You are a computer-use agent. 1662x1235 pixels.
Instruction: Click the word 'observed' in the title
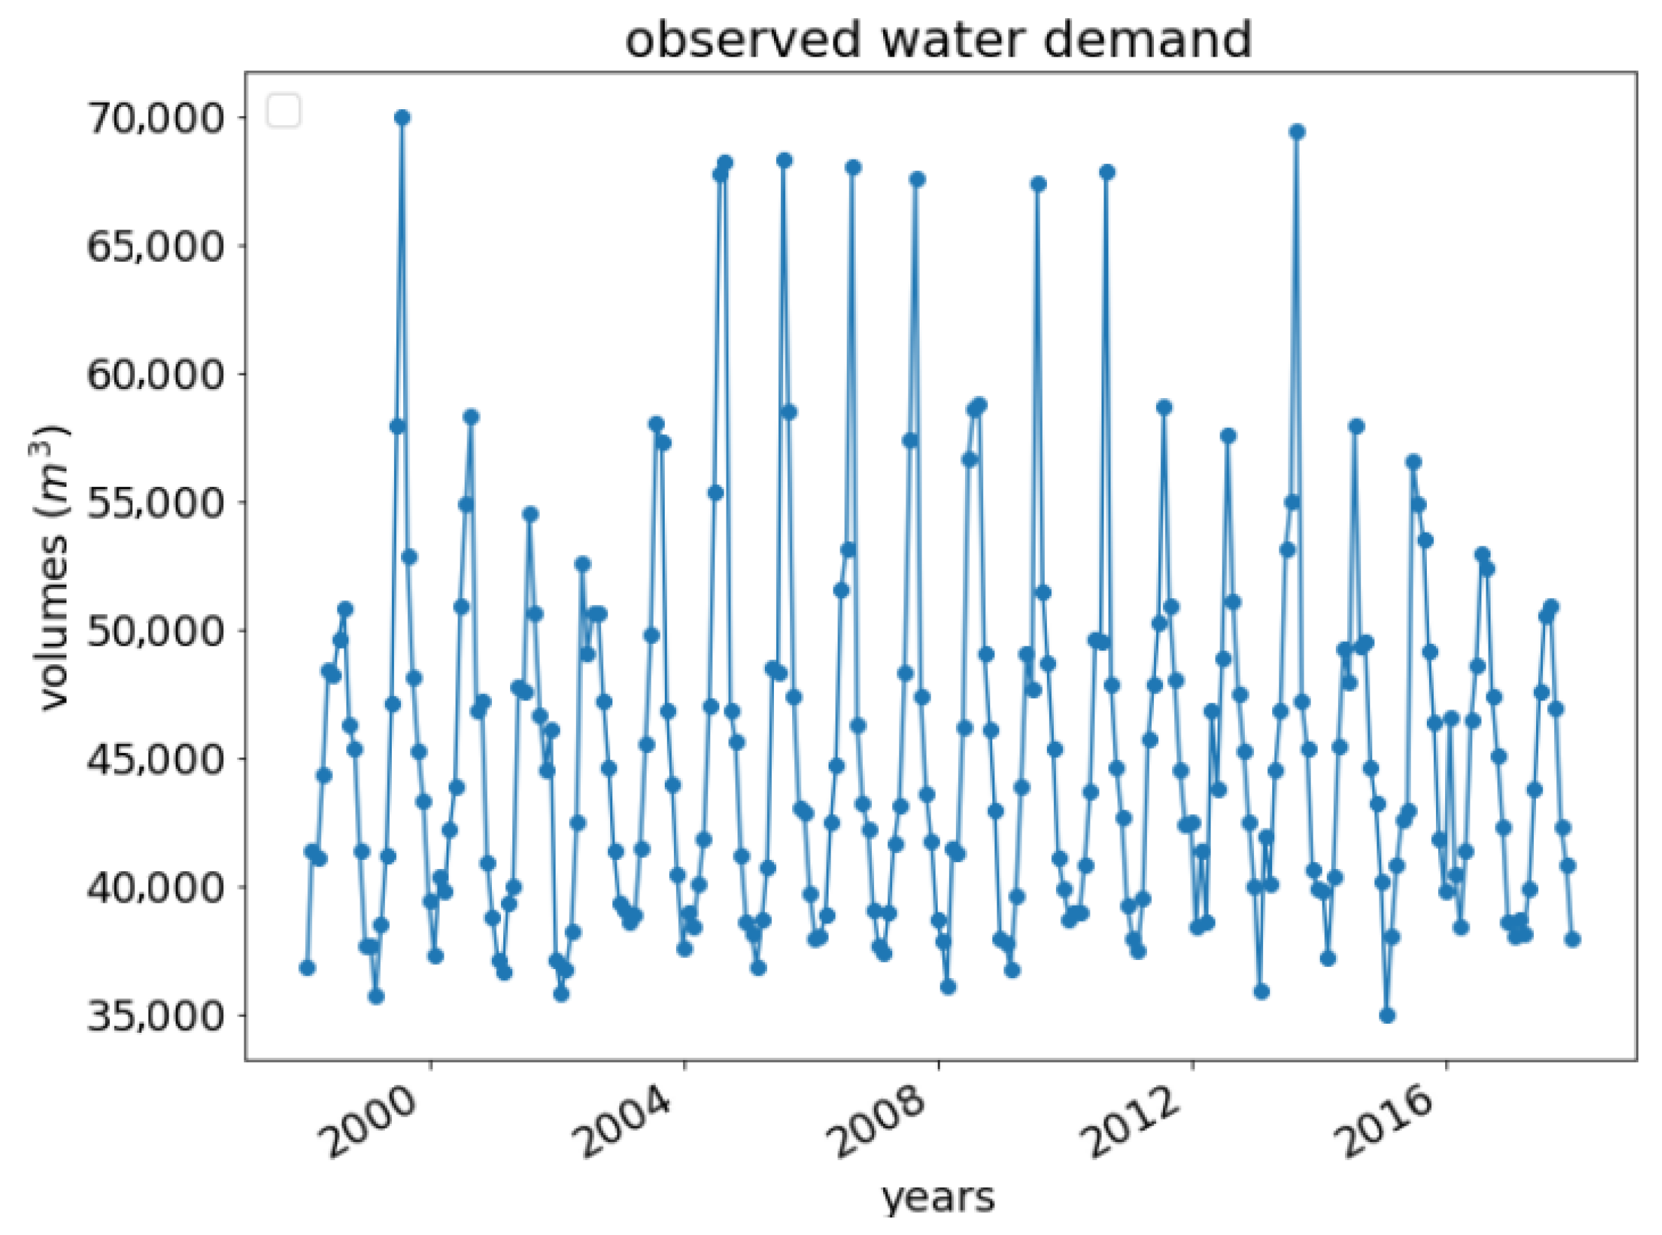(x=743, y=41)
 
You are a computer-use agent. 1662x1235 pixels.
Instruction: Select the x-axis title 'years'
(x=939, y=1197)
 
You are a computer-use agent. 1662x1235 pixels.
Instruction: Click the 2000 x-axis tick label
(x=372, y=1122)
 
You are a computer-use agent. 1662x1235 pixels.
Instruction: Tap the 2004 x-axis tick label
(x=626, y=1122)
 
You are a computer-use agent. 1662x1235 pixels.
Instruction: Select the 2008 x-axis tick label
(x=880, y=1122)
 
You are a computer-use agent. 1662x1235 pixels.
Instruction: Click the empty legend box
(x=284, y=111)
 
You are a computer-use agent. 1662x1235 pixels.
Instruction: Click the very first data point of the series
(x=307, y=968)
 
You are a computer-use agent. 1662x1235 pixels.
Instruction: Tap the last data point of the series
(x=1572, y=940)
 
